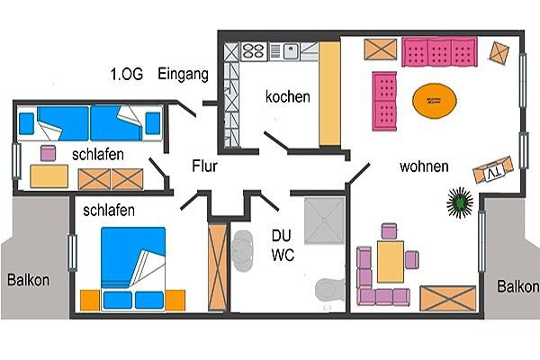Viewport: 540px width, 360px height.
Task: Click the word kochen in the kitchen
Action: click(x=287, y=96)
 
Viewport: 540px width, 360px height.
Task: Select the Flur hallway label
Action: click(x=205, y=166)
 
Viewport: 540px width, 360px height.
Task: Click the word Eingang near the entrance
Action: click(x=184, y=74)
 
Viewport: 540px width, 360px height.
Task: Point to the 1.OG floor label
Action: click(x=126, y=74)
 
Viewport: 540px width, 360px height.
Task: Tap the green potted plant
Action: click(x=461, y=202)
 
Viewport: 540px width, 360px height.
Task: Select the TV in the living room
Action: click(x=496, y=168)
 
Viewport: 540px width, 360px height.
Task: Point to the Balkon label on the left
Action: click(x=29, y=279)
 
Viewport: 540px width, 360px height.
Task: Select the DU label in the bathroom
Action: click(x=282, y=236)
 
